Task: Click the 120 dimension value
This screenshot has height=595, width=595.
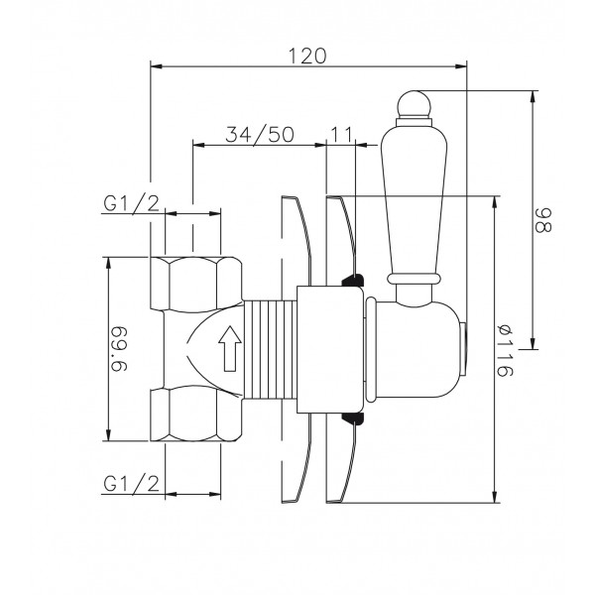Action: coord(307,56)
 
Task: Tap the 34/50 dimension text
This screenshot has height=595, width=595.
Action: coord(260,134)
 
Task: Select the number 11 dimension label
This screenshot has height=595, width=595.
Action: coord(342,134)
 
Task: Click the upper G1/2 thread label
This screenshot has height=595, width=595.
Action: coord(131,204)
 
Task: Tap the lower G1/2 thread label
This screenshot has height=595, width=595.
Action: coord(131,484)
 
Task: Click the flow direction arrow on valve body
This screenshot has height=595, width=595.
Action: coord(230,348)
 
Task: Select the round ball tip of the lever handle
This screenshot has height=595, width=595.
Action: coord(414,104)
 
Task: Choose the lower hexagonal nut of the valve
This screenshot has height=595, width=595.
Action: coord(195,414)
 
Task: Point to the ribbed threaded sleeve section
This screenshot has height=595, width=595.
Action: coord(270,349)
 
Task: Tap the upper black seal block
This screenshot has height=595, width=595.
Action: coord(353,281)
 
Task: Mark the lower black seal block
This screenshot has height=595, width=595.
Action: coord(353,418)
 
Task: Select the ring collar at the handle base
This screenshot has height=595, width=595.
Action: coord(414,279)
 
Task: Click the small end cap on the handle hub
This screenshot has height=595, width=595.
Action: coord(463,349)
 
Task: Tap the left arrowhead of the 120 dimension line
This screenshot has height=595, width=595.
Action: coord(157,66)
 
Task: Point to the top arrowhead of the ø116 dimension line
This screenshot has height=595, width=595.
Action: coord(495,201)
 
